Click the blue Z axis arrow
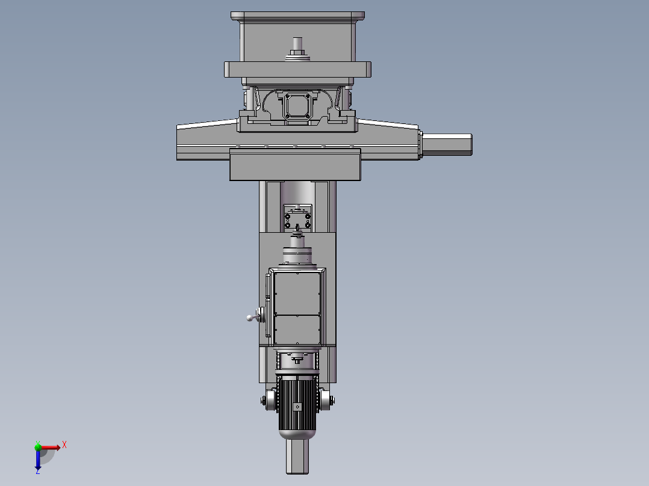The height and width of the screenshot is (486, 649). pyautogui.click(x=38, y=460)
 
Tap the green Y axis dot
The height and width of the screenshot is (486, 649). pyautogui.click(x=38, y=446)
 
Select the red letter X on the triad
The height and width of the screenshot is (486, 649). pyautogui.click(x=64, y=444)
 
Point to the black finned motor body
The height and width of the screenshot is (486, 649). pyautogui.click(x=297, y=400)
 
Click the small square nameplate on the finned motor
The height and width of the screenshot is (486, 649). pyautogui.click(x=297, y=407)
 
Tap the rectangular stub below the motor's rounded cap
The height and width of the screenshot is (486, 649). pyautogui.click(x=297, y=457)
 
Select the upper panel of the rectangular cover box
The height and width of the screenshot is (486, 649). pyautogui.click(x=297, y=293)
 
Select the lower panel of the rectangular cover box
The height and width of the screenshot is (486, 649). pyautogui.click(x=297, y=330)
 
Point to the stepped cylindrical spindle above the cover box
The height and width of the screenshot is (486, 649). pyautogui.click(x=297, y=250)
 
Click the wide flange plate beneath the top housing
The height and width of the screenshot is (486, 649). pyautogui.click(x=297, y=69)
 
